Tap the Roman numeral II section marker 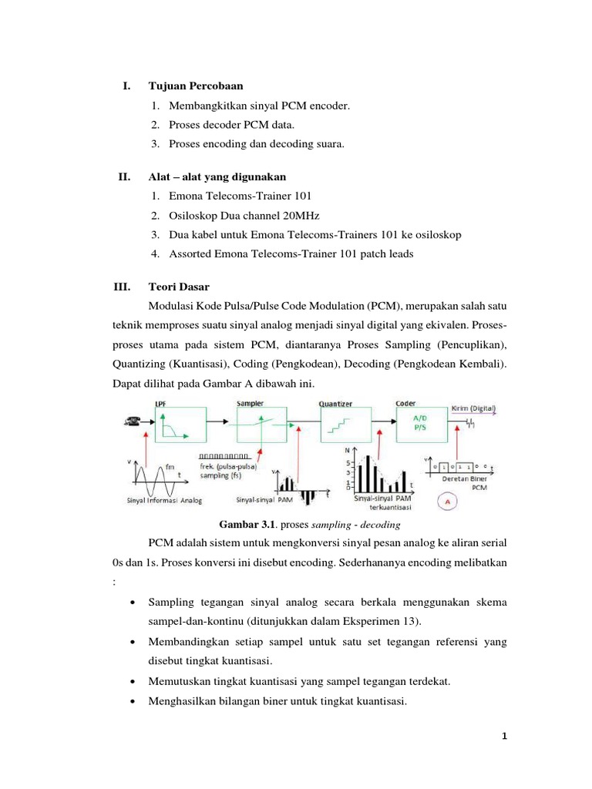pos(123,176)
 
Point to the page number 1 pos(504,736)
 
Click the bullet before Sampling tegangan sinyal pos(135,601)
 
